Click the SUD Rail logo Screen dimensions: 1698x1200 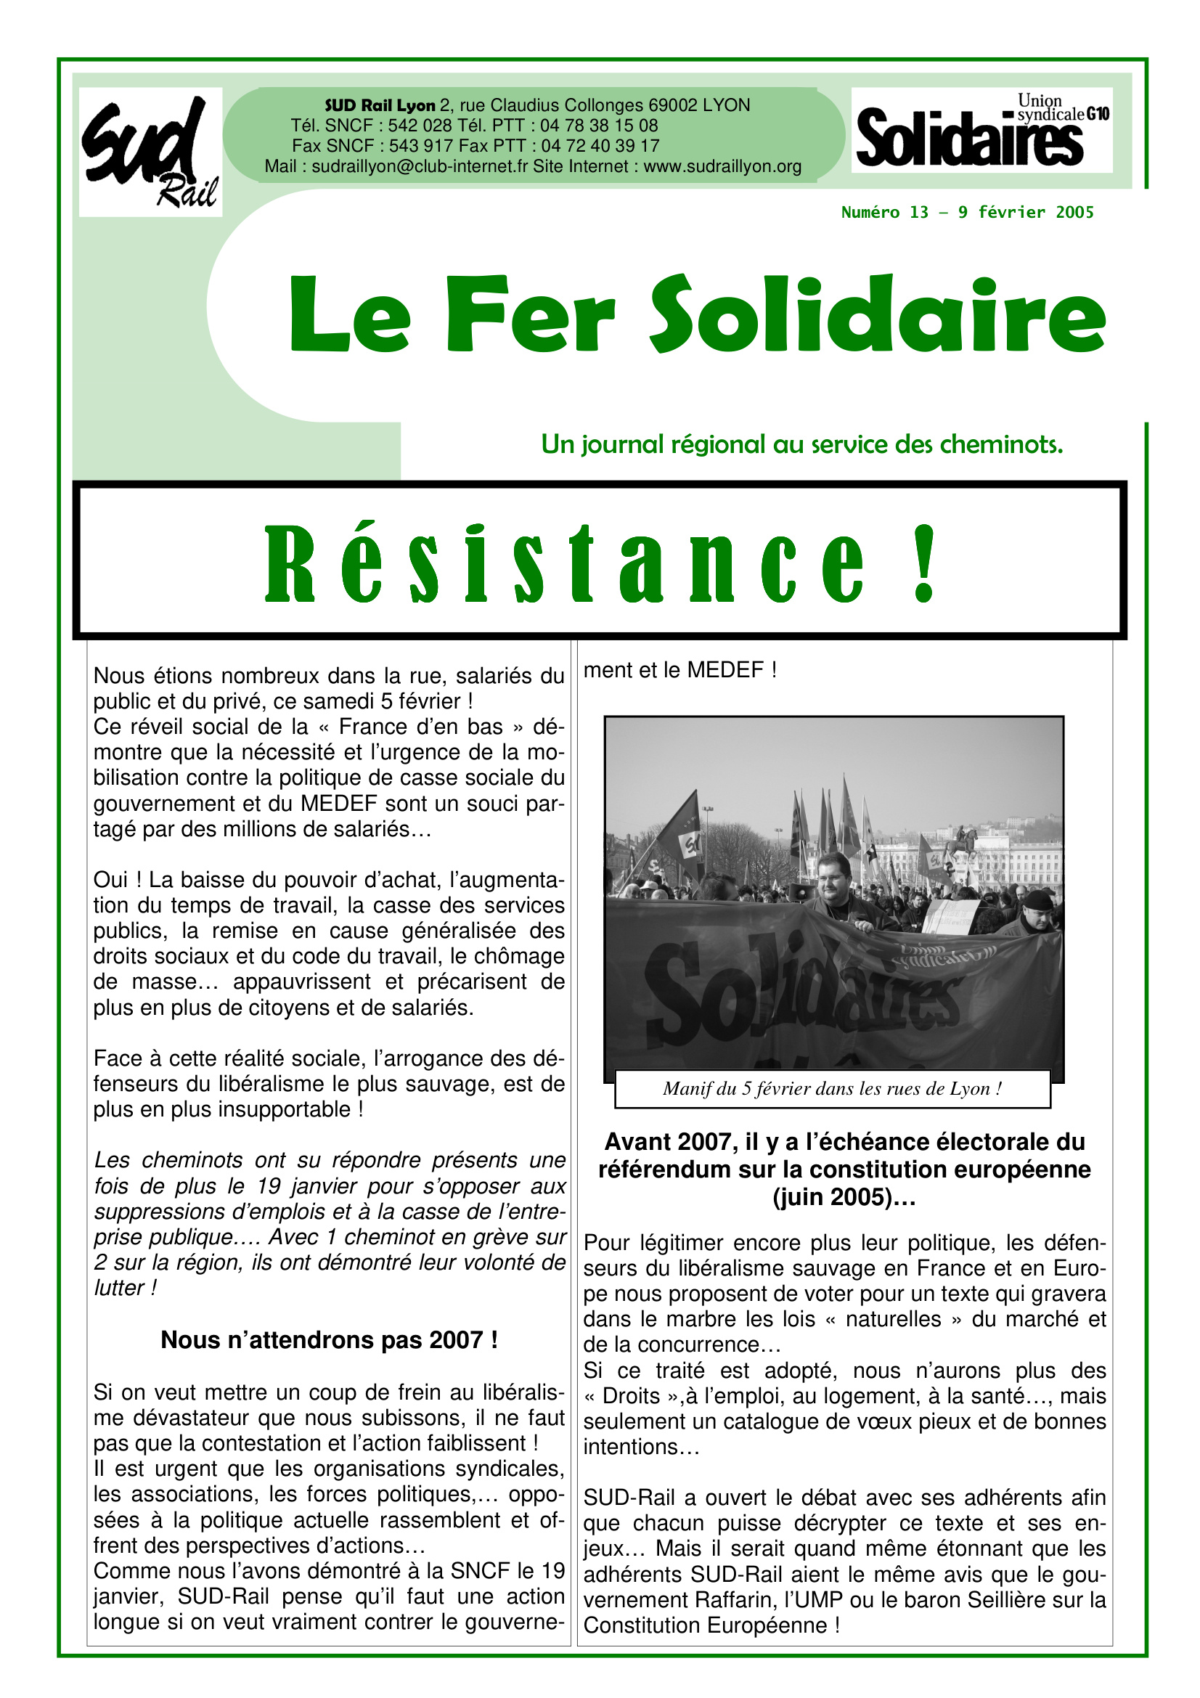(x=150, y=152)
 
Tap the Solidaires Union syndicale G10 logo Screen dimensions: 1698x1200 (x=981, y=130)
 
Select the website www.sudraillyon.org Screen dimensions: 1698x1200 (x=722, y=166)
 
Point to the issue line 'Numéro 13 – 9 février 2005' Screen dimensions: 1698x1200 (x=967, y=212)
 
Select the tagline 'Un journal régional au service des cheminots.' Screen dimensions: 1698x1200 (x=801, y=444)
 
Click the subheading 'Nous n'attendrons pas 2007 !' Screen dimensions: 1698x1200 (x=329, y=1339)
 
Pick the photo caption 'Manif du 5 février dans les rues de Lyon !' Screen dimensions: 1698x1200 (x=832, y=1089)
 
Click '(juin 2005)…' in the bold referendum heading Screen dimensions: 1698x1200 (x=844, y=1196)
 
